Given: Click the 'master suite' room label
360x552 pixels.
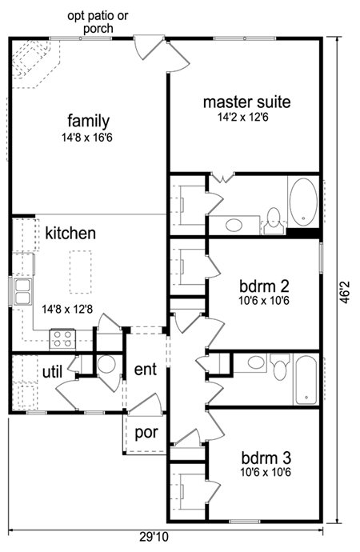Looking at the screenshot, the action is click(247, 102).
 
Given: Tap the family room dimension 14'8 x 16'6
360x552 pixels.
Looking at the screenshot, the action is click(87, 138).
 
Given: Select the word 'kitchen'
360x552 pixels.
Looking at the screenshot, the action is click(70, 233).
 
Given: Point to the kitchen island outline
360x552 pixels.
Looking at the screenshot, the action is click(81, 272).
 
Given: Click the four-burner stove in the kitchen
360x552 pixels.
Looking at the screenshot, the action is click(62, 339).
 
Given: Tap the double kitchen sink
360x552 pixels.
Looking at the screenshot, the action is click(22, 290).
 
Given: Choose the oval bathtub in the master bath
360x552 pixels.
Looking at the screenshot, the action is click(303, 202).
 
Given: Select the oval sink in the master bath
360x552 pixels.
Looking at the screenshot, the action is click(234, 226).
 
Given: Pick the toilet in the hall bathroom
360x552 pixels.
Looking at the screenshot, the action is click(280, 367).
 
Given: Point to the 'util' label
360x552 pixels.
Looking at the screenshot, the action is click(53, 372).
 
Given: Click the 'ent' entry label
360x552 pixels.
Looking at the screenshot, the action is click(146, 370).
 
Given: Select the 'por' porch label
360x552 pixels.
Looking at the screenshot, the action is click(146, 433).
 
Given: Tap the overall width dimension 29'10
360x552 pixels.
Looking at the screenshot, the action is click(154, 538).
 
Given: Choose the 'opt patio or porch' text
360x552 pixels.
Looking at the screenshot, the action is click(98, 22).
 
